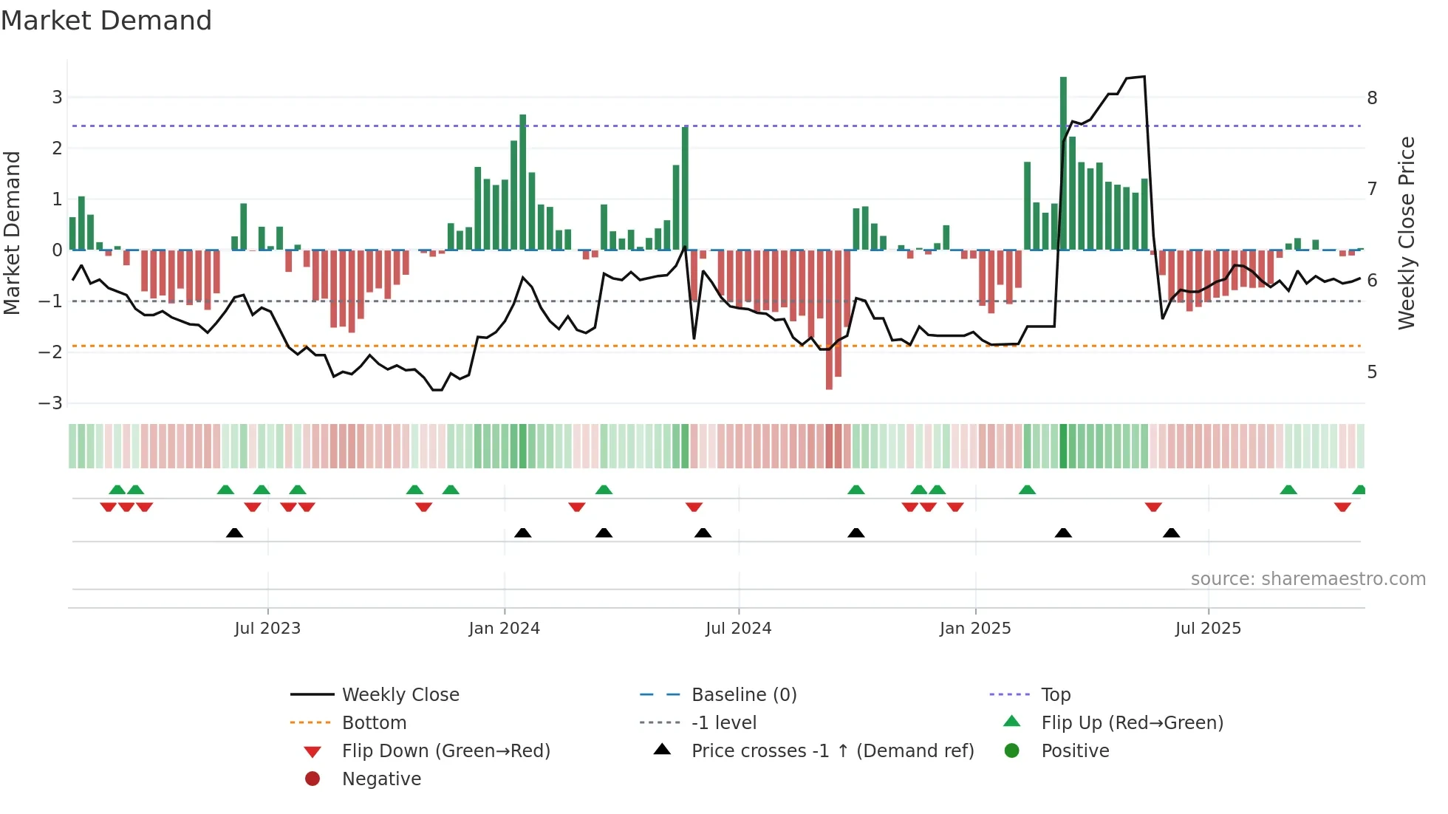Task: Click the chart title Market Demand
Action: [106, 21]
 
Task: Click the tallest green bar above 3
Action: [1063, 163]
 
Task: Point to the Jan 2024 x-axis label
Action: [504, 629]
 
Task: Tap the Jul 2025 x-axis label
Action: [1208, 629]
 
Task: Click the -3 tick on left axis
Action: [50, 403]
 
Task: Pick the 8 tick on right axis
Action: [1372, 98]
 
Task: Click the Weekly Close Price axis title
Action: [1407, 233]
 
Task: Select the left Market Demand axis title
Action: [13, 233]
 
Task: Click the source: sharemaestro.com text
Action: [1308, 579]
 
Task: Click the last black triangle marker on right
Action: [1171, 533]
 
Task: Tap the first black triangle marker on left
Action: [234, 533]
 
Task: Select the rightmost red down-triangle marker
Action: [1342, 507]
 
